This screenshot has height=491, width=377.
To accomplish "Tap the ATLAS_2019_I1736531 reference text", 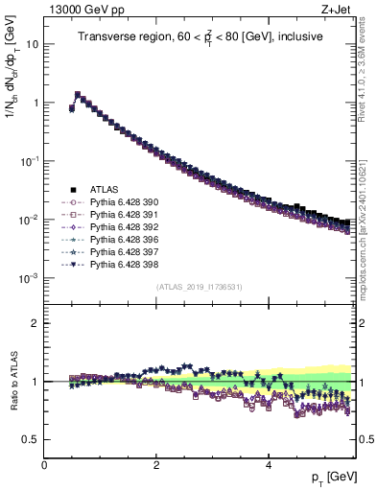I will pyautogui.click(x=200, y=288).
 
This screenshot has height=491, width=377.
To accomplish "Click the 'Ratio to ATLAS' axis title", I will pyautogui.click(x=12, y=381).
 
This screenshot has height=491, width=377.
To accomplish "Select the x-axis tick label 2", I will pyautogui.click(x=156, y=465).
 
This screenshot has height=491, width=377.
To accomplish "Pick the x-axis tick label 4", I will pyautogui.click(x=269, y=465).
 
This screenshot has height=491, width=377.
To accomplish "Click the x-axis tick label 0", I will pyautogui.click(x=45, y=465).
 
